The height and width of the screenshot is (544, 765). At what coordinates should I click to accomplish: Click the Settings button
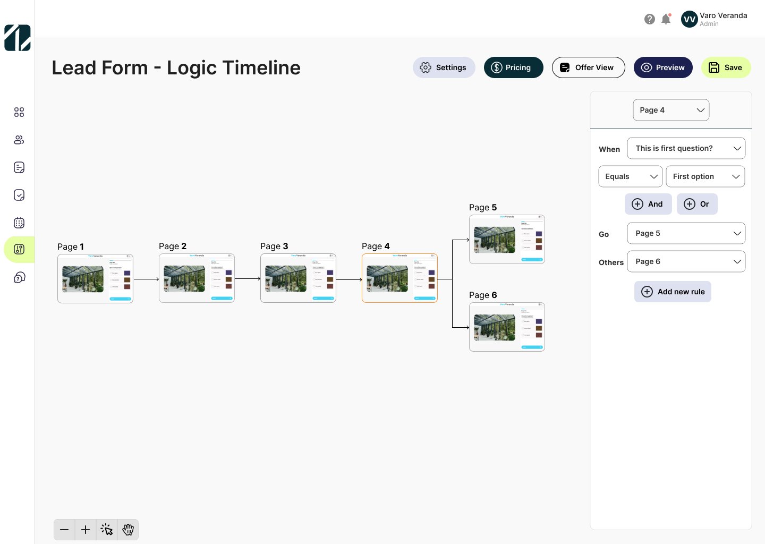point(444,67)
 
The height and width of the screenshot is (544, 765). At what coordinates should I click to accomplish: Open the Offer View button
point(588,67)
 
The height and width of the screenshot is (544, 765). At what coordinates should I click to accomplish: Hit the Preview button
point(662,67)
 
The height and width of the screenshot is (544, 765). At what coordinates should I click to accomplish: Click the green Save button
point(726,67)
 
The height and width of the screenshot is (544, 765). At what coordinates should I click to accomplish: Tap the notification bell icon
point(666,19)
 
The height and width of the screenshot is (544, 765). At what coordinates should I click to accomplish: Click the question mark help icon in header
point(649,19)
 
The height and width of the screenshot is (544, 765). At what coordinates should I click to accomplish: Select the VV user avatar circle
point(689,19)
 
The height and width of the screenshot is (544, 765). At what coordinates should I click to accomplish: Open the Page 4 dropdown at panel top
point(671,110)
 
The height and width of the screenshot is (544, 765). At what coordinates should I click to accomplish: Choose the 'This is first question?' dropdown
point(686,148)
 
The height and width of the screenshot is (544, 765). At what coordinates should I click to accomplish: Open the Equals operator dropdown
point(630,176)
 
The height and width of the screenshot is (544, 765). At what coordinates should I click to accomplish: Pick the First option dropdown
point(705,176)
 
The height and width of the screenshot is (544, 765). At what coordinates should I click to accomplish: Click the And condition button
point(648,204)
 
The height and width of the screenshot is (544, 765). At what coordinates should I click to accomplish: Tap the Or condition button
point(696,204)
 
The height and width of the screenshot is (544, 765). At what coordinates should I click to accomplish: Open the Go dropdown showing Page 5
point(686,233)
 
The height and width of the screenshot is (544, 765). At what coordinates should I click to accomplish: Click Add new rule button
point(673,292)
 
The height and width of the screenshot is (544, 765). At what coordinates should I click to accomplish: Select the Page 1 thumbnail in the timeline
point(95,278)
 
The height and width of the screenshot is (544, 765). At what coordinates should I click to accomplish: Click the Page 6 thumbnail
point(507,327)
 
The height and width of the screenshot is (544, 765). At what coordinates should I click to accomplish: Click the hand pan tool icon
point(128,530)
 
